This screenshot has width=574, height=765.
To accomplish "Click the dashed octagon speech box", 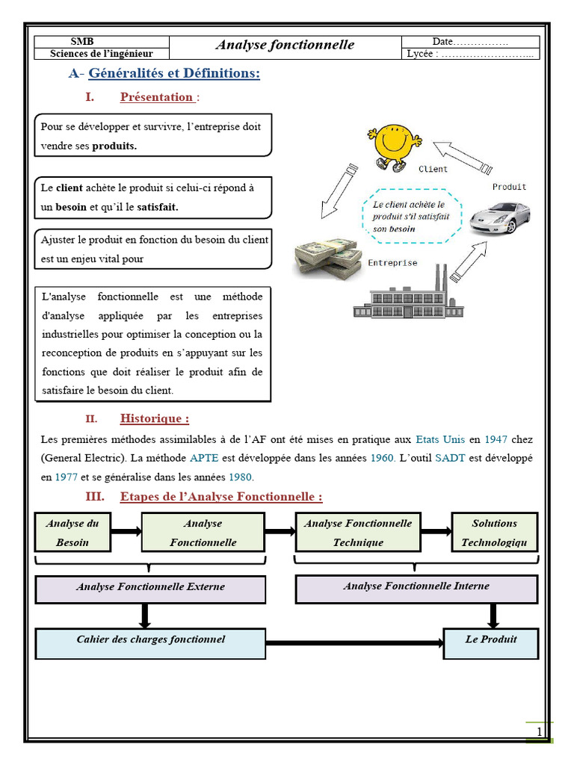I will click(x=408, y=215).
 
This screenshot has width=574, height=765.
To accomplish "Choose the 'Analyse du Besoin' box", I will click(x=72, y=533).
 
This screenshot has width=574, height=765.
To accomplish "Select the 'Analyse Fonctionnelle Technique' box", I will click(x=357, y=533).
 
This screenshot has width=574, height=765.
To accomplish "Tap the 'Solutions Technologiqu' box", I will click(x=494, y=533).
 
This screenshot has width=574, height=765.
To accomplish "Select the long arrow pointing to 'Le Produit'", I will click(x=354, y=642).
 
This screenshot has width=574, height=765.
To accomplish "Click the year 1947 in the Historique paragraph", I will click(x=496, y=439).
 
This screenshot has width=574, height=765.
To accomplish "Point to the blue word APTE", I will click(x=204, y=457).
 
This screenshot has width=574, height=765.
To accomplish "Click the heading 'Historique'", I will click(x=154, y=418).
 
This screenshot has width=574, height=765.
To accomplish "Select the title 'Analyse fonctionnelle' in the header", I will click(x=285, y=45).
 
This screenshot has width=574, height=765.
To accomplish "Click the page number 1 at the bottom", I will click(x=540, y=732).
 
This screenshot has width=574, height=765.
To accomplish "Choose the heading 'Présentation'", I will click(x=156, y=97).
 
